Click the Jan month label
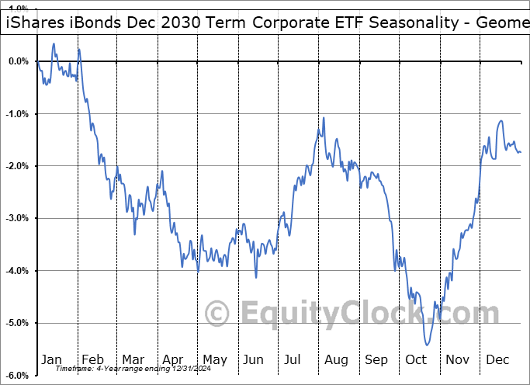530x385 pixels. coord(51,359)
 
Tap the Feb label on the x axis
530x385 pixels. coord(92,359)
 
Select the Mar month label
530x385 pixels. coord(133,359)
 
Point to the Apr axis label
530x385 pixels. coord(173,359)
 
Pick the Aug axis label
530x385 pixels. coord(336,359)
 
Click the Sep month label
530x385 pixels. coord(376,359)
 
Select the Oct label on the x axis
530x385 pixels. coord(417,359)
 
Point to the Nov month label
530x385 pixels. coord(458,359)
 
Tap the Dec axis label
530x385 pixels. coord(498,359)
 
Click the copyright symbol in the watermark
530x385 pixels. coord(217,314)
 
